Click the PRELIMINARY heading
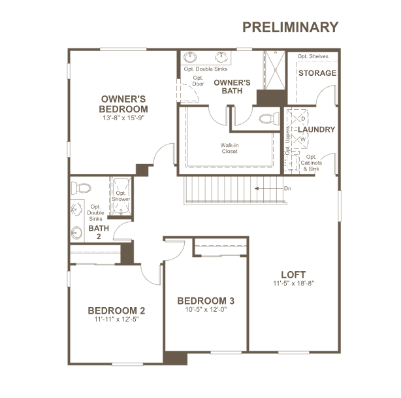[290, 27]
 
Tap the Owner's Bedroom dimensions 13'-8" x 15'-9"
[124, 118]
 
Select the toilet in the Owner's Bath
[269, 118]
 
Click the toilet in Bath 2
[81, 188]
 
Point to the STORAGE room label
[317, 73]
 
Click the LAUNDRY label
[316, 129]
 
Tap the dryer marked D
[298, 119]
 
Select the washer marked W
[298, 139]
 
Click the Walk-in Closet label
[229, 148]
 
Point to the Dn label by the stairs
[287, 188]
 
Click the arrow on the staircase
[269, 189]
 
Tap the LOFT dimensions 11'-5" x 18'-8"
[293, 283]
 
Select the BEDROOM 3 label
[206, 301]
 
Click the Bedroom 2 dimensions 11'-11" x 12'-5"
[116, 319]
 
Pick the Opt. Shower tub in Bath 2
[121, 196]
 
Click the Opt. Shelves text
[313, 56]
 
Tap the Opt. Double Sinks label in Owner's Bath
[205, 69]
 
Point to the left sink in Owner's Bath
[190, 57]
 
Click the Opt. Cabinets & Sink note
[312, 163]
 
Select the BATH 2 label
[99, 232]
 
